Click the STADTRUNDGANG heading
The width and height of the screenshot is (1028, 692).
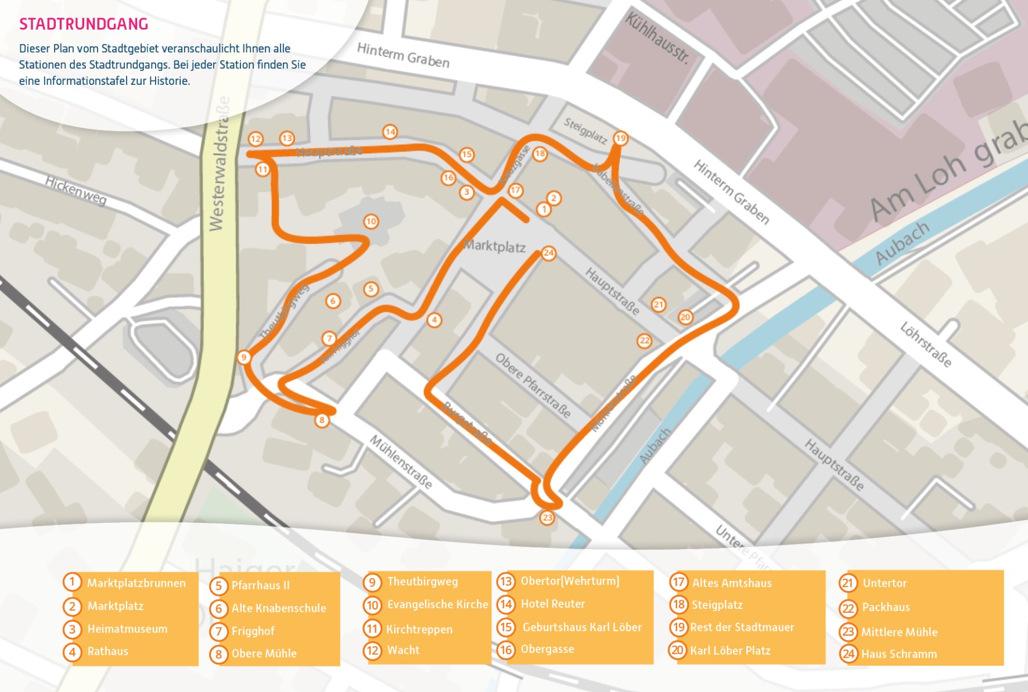[x=84, y=24]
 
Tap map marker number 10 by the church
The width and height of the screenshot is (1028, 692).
[x=371, y=221]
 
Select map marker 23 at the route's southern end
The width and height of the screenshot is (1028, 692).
[x=547, y=517]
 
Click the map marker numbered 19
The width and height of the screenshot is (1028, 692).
[x=620, y=138]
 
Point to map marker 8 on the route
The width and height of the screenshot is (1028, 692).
[x=322, y=420]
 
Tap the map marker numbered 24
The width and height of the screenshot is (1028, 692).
[x=548, y=253]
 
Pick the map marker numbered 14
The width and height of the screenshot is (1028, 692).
[x=390, y=132]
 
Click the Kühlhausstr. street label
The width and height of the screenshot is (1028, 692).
[x=657, y=38]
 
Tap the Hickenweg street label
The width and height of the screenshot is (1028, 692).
[x=76, y=191]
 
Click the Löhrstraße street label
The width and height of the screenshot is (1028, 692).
[x=926, y=345]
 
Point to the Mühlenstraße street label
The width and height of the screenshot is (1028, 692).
[x=401, y=462]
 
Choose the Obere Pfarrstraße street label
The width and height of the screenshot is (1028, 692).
[x=533, y=385]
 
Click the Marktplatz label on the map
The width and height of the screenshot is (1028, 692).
[x=494, y=246]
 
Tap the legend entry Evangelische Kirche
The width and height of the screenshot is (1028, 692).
[x=437, y=604]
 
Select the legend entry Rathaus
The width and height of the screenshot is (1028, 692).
[x=107, y=651]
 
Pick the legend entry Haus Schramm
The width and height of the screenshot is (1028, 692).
[x=898, y=654]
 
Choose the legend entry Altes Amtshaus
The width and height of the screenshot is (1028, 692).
[x=731, y=583]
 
